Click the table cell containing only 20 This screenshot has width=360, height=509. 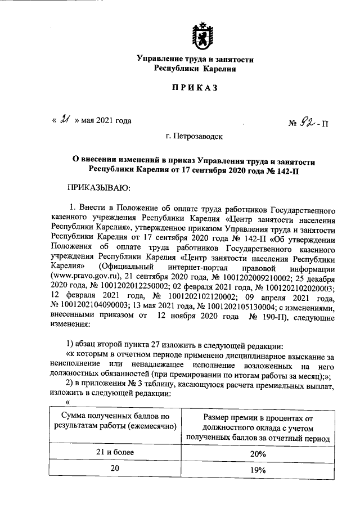click(x=116, y=469)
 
